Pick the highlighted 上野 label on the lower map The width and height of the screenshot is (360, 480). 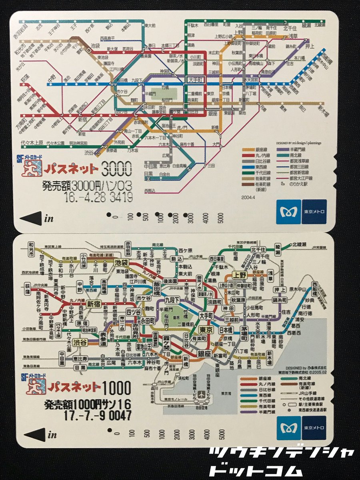[x=240, y=275]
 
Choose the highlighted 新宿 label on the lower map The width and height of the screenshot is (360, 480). [x=93, y=304]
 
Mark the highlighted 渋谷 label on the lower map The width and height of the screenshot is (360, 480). [x=80, y=342]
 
